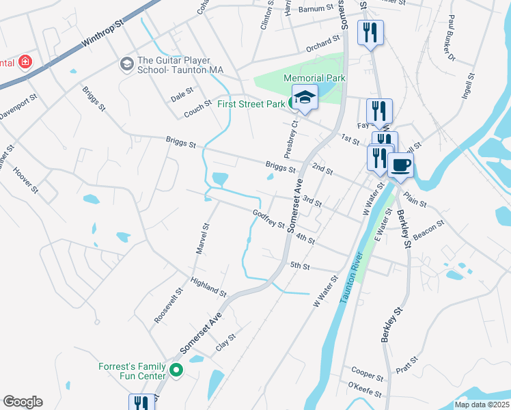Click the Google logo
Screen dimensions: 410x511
pyautogui.click(x=23, y=402)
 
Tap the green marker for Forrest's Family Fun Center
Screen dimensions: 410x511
pyautogui.click(x=176, y=371)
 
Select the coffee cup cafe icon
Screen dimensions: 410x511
pyautogui.click(x=400, y=165)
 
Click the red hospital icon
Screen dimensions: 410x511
pyautogui.click(x=25, y=63)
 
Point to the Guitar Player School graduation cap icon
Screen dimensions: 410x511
pyautogui.click(x=126, y=64)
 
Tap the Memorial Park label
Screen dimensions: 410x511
pyautogui.click(x=314, y=79)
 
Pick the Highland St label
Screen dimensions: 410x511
pyautogui.click(x=208, y=287)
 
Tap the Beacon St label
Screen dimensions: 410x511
pyautogui.click(x=429, y=229)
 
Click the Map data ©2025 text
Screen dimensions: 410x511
pyautogui.click(x=482, y=405)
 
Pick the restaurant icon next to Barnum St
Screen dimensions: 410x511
pyautogui.click(x=370, y=32)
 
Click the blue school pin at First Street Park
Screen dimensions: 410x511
pyautogui.click(x=305, y=98)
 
